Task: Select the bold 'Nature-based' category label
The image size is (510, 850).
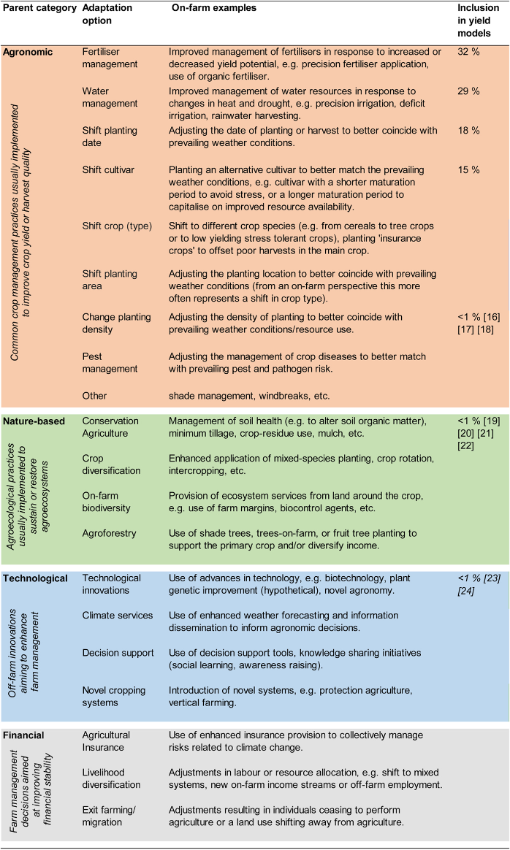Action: [x=34, y=421]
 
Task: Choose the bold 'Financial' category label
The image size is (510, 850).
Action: [x=24, y=735]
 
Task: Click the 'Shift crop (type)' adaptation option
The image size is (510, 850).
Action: [x=117, y=226]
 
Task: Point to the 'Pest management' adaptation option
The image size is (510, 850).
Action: [x=109, y=363]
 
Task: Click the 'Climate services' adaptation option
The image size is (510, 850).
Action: [x=118, y=616]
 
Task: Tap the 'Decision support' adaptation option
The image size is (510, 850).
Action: [x=118, y=653]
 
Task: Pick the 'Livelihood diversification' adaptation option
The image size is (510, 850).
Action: [x=111, y=778]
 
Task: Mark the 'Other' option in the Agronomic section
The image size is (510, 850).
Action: [x=94, y=396]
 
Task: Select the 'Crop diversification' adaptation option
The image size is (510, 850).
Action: [x=112, y=464]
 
